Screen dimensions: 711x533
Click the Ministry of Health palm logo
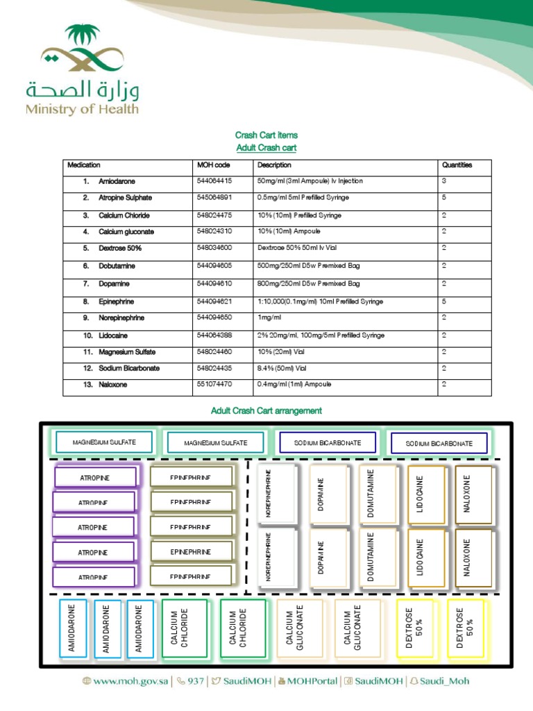pos(82,51)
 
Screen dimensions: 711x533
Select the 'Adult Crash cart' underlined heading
pos(266,149)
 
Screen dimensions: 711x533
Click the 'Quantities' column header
pos(457,165)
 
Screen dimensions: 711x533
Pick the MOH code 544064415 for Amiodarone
pos(214,181)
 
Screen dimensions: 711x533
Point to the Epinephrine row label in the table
pos(116,302)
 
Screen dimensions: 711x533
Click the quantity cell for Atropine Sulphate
pos(444,198)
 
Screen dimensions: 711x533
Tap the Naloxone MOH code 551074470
pos(214,384)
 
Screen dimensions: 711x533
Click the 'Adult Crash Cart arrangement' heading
pos(266,411)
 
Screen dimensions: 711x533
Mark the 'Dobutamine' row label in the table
pos(117,266)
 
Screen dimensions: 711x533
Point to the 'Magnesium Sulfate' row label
pos(128,352)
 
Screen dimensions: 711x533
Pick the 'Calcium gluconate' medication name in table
pos(126,232)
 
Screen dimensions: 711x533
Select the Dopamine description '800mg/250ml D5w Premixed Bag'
pos(308,284)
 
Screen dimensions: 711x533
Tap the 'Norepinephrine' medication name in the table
pos(121,318)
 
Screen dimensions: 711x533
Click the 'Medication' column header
pos(84,165)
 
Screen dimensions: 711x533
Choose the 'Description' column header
pos(274,165)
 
